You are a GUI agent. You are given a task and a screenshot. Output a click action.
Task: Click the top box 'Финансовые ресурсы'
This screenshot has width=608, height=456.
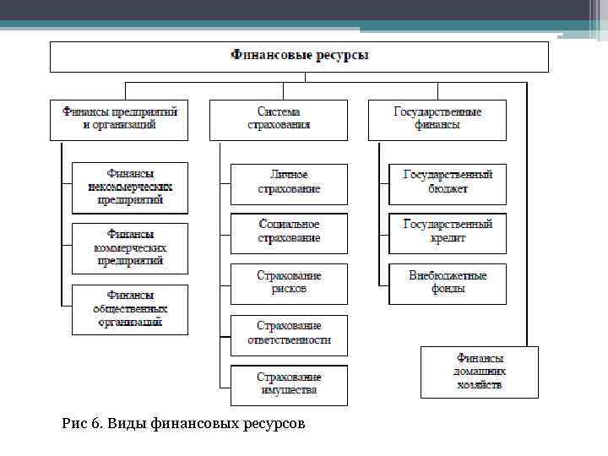click(x=300, y=57)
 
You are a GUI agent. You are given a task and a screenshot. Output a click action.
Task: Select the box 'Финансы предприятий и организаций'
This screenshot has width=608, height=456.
click(x=119, y=119)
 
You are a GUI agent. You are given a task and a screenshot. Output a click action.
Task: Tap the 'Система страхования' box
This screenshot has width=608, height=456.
click(x=278, y=119)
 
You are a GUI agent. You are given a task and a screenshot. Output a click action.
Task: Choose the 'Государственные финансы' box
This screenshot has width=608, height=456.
click(x=437, y=119)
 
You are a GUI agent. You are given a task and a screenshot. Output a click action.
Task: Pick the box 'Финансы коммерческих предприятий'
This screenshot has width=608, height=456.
click(x=130, y=248)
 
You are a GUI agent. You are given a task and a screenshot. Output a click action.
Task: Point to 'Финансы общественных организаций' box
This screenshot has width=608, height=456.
click(x=130, y=310)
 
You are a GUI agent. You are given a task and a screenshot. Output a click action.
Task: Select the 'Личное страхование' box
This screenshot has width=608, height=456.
click(x=289, y=184)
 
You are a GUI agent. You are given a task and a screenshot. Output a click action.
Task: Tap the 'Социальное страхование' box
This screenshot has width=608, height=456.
click(x=289, y=233)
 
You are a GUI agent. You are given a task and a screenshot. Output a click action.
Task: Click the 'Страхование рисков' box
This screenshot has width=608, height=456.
click(x=289, y=284)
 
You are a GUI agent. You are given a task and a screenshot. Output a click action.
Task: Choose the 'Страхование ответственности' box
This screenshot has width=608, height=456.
click(x=289, y=334)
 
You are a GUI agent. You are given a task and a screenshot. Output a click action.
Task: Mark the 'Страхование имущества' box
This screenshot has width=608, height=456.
click(x=289, y=384)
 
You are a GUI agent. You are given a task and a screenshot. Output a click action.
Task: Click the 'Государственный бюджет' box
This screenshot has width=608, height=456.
click(x=448, y=184)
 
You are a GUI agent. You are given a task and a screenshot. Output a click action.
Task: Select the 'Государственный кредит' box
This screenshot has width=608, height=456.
click(x=448, y=233)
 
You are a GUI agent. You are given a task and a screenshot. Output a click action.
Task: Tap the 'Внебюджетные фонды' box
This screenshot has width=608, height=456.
click(x=448, y=284)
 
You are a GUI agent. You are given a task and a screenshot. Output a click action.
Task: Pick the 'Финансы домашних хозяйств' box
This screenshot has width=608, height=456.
click(x=480, y=372)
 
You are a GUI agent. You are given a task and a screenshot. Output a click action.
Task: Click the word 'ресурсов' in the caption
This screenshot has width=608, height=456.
click(x=271, y=422)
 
